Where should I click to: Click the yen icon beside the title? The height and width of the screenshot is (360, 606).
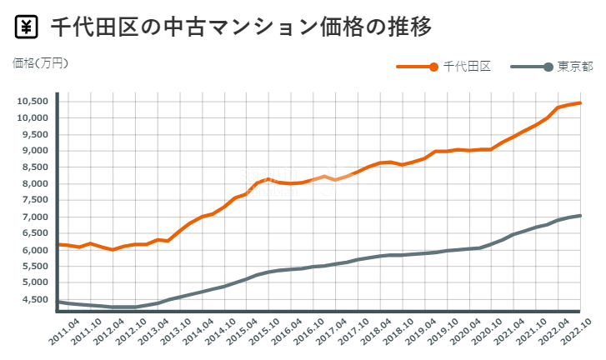(27, 27)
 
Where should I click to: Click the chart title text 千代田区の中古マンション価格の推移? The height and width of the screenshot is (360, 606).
(241, 27)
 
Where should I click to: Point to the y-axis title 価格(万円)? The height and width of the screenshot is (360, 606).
(40, 62)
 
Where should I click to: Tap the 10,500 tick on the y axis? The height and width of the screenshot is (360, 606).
(33, 101)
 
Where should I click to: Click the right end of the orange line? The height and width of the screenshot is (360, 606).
(580, 102)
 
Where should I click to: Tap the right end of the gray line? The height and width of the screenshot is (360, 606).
(580, 215)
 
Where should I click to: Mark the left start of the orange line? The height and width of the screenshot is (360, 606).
(58, 244)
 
